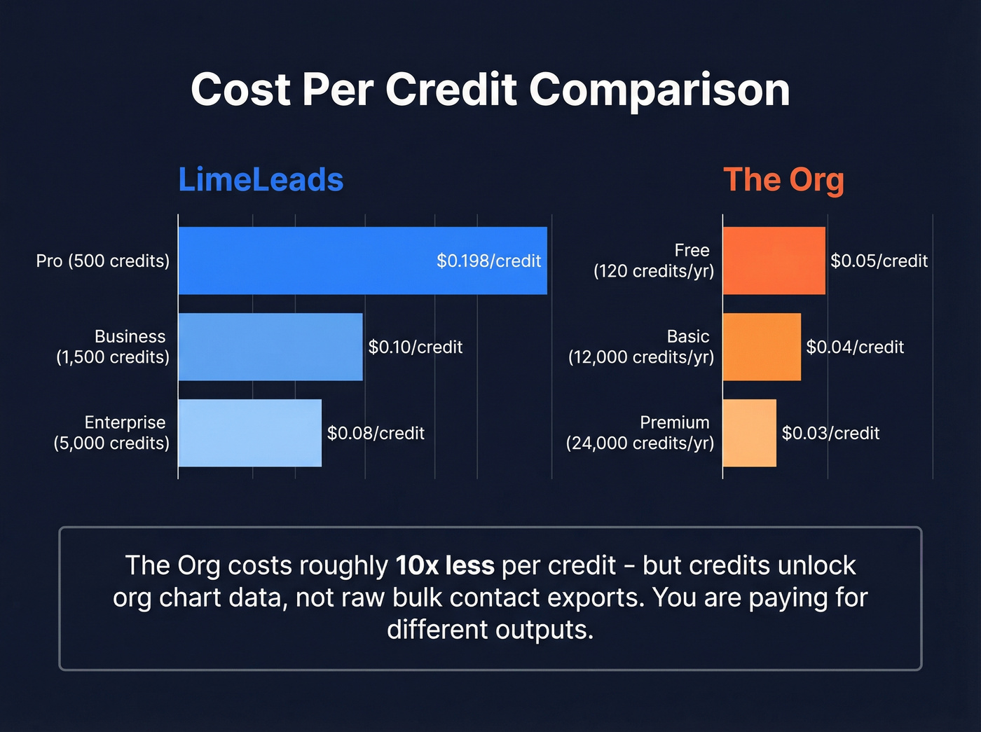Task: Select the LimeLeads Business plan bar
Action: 270,347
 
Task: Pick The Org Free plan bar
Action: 774,261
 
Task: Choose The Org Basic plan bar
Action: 762,347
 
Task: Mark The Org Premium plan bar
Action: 750,433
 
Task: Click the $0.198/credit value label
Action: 488,261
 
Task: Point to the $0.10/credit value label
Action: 416,347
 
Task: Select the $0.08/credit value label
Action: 376,434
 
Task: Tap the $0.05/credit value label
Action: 879,261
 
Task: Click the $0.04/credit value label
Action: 855,347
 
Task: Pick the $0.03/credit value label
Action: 830,434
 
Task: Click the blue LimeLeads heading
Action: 261,180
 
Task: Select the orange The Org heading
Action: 783,180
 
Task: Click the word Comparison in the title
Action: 659,90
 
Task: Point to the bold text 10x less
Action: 445,565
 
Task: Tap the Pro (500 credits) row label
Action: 103,261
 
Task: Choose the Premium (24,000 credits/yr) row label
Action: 640,433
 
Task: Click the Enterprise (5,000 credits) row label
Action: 112,433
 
